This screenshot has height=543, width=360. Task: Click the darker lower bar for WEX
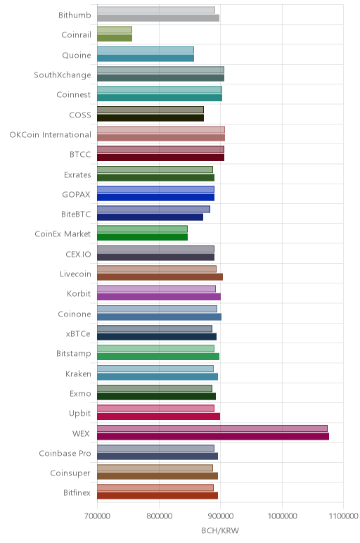213,436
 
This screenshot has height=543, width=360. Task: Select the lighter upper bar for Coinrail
114,30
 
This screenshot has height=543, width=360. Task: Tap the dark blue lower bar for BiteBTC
150,217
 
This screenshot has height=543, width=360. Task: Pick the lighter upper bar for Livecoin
157,269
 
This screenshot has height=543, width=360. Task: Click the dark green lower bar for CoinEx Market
142,237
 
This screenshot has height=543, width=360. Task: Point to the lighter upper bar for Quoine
146,50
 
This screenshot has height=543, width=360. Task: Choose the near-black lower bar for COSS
150,117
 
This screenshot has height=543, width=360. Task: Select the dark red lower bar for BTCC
160,158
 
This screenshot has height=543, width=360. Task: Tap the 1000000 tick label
282,516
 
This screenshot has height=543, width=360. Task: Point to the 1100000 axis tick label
343,516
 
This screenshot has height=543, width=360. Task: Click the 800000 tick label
159,516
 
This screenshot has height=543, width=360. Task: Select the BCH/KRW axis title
220,530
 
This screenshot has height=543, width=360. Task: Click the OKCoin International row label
50,134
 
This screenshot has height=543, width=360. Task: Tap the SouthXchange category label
63,75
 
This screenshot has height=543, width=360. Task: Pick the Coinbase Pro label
65,453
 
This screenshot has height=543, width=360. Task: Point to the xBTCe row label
78,333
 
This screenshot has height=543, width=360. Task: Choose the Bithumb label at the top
75,15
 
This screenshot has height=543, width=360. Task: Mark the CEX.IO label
78,254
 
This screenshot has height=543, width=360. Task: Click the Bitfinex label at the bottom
77,492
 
